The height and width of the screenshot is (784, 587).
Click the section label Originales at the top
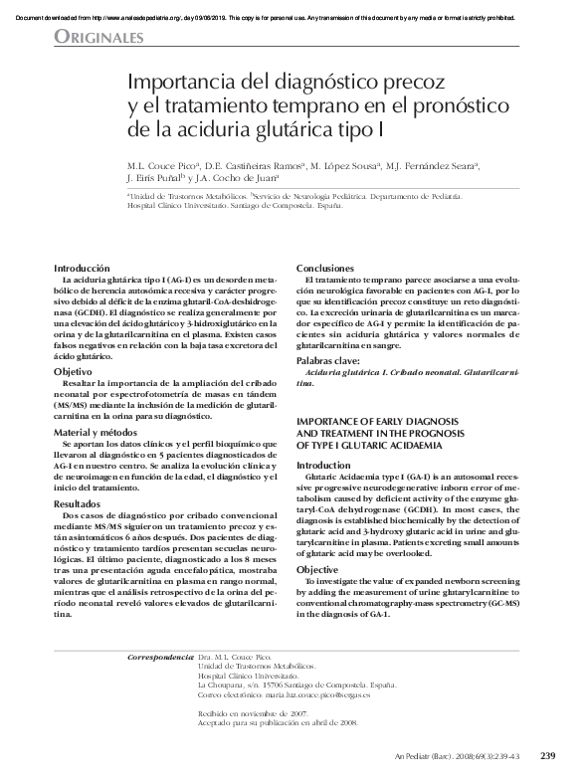(99, 38)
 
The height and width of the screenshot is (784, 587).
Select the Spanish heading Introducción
(82, 269)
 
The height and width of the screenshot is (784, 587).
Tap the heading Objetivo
(73, 371)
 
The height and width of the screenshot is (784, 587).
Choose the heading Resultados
(80, 505)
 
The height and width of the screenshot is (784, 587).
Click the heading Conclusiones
(325, 269)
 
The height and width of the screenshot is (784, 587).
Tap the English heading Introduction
(323, 465)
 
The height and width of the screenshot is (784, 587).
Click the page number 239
(547, 756)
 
